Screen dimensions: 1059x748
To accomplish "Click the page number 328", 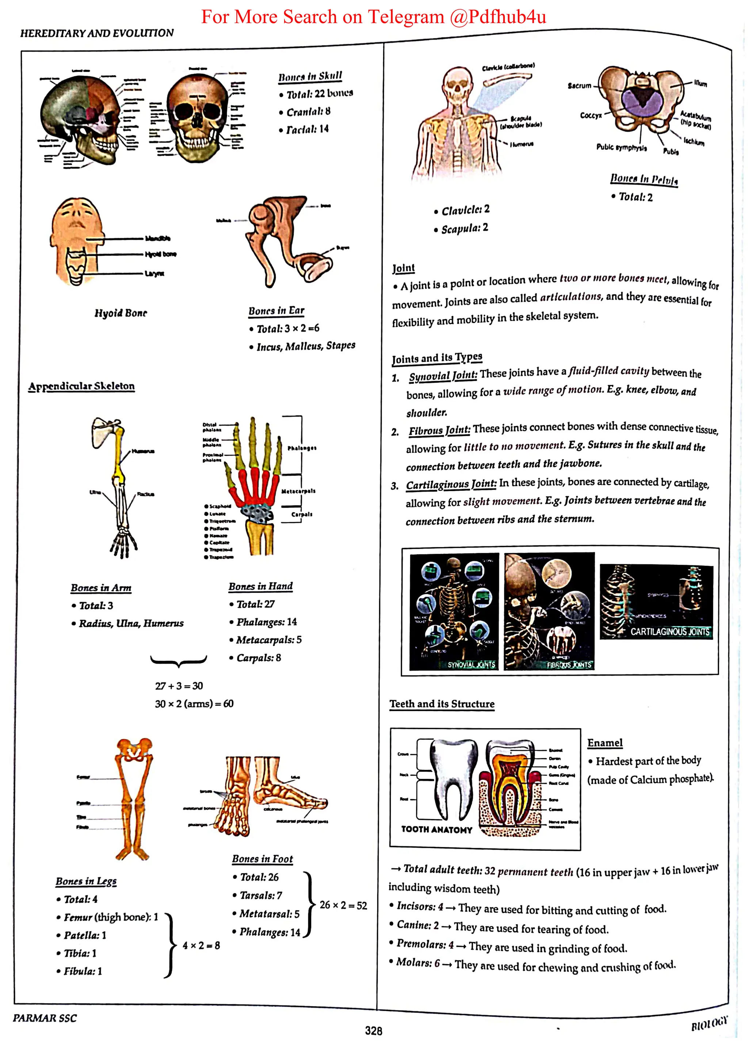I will click(373, 1031).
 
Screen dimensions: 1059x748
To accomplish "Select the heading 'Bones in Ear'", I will click(276, 311).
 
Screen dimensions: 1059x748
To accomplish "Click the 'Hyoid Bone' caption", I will click(121, 313).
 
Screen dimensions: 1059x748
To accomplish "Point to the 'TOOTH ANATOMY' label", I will click(436, 829).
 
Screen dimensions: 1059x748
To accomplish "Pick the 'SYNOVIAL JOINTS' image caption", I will click(471, 665).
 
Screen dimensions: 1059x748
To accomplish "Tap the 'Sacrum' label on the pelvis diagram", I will click(579, 86).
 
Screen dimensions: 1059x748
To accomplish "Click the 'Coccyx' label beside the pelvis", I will click(590, 115).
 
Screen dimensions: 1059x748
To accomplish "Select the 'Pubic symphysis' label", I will click(621, 148).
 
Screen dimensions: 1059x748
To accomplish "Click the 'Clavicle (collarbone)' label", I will click(508, 67).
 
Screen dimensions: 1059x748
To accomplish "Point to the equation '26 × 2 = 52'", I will click(343, 906).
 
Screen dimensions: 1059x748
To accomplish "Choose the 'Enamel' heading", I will click(605, 743).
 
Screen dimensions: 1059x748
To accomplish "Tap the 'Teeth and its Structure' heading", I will click(442, 704).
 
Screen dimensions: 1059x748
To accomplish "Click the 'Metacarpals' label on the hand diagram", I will click(298, 491).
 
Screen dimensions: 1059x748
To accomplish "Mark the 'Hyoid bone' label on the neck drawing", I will click(160, 254).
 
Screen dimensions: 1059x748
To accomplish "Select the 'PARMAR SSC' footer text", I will click(45, 1018).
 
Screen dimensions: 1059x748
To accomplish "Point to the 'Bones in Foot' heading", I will click(262, 859).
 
